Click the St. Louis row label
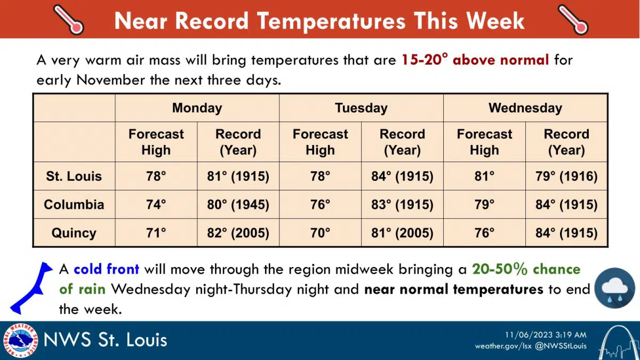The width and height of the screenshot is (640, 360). point(74,177)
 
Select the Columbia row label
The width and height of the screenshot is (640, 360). point(74,205)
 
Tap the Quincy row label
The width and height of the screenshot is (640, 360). point(74,233)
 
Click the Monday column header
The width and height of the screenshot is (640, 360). point(197,108)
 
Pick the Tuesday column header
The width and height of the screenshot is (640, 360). point(361,108)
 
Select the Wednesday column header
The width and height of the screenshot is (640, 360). point(525,108)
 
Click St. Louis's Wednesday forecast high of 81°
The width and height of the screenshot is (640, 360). point(484,177)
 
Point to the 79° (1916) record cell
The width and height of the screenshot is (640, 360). point(566,177)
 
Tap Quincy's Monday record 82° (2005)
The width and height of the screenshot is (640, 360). point(238,233)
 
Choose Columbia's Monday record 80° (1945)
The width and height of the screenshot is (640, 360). point(238,205)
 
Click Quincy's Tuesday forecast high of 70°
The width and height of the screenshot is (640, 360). point(320,233)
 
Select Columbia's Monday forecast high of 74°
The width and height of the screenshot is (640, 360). point(156,205)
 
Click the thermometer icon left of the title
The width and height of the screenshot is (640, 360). point(69,19)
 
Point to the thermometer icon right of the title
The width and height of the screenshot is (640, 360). point(572,19)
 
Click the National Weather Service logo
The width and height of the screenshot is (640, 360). point(20,341)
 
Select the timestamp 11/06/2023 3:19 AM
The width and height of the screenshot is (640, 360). point(546,335)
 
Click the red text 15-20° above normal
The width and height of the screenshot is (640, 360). point(475,60)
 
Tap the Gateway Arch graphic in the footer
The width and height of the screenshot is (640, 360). point(618,342)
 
